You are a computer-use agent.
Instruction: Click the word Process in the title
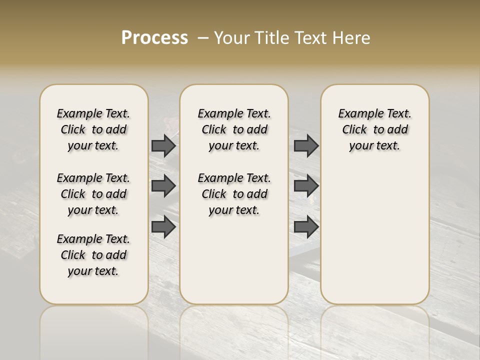coord(154,38)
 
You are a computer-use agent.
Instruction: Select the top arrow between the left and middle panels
coord(163,145)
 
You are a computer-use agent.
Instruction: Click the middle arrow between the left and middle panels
coord(163,186)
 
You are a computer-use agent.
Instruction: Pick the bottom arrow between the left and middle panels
coord(163,226)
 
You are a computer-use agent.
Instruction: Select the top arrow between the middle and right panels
coord(306,145)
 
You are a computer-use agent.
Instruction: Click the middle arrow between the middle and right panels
coord(306,186)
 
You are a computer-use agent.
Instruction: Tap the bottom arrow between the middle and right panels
coord(306,226)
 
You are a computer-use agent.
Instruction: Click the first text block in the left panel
coord(93,129)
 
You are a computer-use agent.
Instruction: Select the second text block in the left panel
coord(93,194)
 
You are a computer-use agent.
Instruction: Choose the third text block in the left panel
coord(93,255)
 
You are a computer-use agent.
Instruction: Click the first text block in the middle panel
coord(234,129)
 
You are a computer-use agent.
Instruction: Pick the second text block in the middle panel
coord(234,194)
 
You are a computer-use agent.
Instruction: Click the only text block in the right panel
coord(374,129)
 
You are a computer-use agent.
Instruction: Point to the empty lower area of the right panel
coord(374,235)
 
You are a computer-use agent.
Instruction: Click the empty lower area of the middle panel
coord(234,260)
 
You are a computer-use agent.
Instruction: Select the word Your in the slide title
coord(230,38)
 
